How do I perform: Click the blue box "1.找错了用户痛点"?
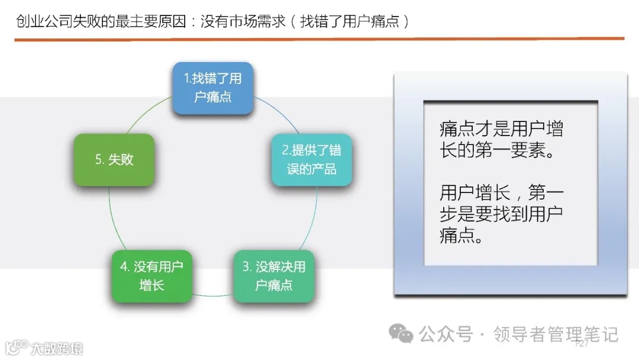click(x=212, y=88)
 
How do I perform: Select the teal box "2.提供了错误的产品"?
click(x=312, y=159)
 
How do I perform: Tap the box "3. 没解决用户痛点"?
click(x=273, y=276)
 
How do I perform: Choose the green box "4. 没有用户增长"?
click(x=151, y=276)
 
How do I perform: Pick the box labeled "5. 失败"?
click(x=114, y=160)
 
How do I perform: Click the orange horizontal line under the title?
click(x=319, y=39)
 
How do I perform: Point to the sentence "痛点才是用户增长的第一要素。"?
click(x=501, y=140)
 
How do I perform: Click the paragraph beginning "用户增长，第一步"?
click(x=501, y=214)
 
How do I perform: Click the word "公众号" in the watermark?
click(x=446, y=335)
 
